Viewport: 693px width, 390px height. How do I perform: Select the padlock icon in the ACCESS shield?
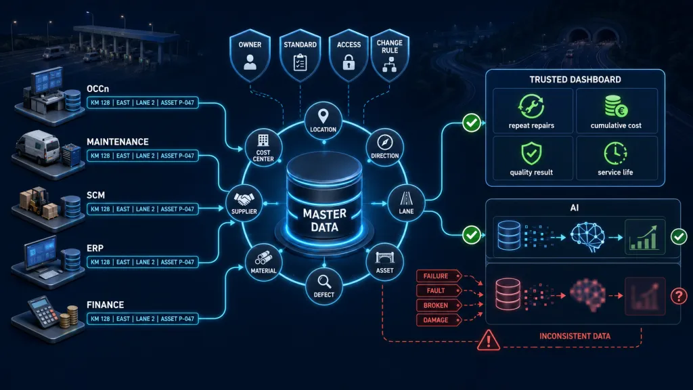(x=349, y=62)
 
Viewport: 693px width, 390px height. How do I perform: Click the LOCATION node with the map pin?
(x=323, y=121)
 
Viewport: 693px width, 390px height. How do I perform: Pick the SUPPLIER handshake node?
(x=244, y=203)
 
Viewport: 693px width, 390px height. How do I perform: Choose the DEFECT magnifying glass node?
(x=324, y=286)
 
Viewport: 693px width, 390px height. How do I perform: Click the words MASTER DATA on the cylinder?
(x=324, y=221)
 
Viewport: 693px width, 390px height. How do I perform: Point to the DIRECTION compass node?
(x=384, y=148)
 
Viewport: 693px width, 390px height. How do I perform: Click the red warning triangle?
(x=489, y=341)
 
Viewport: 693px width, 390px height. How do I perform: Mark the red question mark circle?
(x=679, y=295)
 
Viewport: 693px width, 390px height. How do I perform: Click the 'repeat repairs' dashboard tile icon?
(x=531, y=106)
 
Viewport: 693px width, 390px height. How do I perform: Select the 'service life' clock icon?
(x=615, y=154)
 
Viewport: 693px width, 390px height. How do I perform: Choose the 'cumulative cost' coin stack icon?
(x=616, y=106)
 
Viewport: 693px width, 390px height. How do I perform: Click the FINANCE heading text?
(x=105, y=305)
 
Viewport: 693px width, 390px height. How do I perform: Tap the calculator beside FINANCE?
(x=43, y=311)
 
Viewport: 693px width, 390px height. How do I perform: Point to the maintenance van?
(x=38, y=147)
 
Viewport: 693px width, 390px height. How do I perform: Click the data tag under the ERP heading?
(x=142, y=262)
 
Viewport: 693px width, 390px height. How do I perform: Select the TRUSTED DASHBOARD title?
(x=575, y=80)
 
